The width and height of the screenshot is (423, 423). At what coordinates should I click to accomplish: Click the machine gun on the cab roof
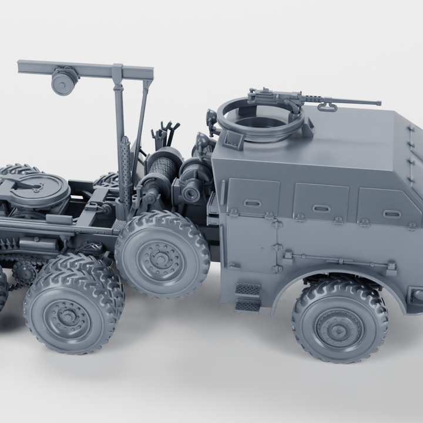click(x=276, y=96)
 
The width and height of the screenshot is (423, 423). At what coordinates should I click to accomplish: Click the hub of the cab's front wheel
click(x=339, y=328)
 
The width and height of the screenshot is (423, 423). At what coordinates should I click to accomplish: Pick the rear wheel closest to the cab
click(x=162, y=253)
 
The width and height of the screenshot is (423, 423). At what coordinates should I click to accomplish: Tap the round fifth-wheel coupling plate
click(x=35, y=189)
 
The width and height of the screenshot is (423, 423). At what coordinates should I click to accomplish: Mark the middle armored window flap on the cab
click(x=321, y=202)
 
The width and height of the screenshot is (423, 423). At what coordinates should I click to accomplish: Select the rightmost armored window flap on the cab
click(x=388, y=207)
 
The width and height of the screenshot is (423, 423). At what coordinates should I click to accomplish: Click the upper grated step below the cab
click(x=248, y=290)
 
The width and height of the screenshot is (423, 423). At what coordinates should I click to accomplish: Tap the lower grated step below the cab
click(x=248, y=305)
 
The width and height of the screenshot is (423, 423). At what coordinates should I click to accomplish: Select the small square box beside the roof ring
click(x=233, y=139)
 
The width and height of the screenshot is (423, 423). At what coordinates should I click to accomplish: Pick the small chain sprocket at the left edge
click(x=25, y=271)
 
